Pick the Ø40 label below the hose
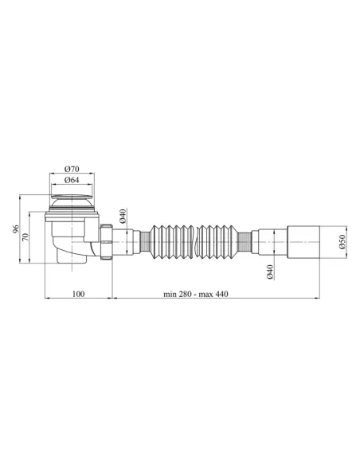coord(269,272)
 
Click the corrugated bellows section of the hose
coord(192,238)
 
